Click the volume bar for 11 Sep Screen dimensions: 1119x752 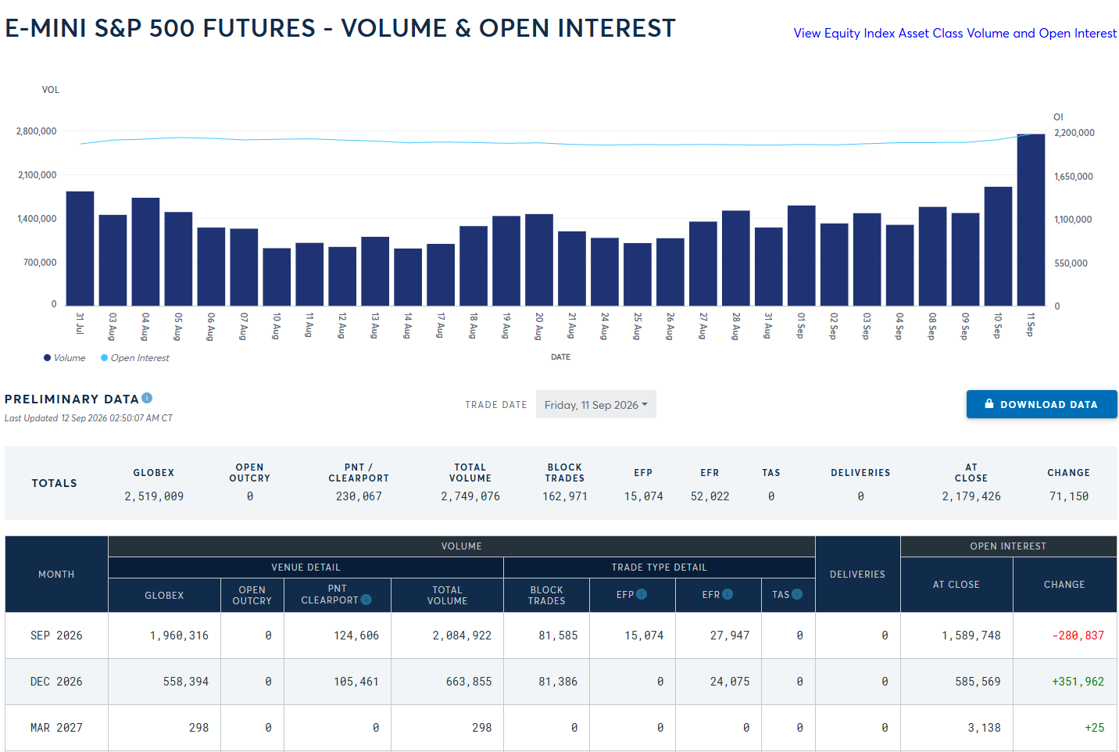pyautogui.click(x=1031, y=220)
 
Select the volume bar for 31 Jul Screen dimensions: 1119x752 pyautogui.click(x=80, y=249)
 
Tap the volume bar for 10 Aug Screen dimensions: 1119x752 pyautogui.click(x=277, y=277)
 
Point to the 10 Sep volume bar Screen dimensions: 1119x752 pyautogui.click(x=998, y=246)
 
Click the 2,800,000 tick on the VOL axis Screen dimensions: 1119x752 pyautogui.click(x=37, y=131)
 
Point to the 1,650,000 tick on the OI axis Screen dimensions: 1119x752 pyautogui.click(x=1074, y=177)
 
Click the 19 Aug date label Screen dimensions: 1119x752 pyautogui.click(x=506, y=326)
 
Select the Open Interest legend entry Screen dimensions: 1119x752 pyautogui.click(x=135, y=358)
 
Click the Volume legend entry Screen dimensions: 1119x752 pyautogui.click(x=64, y=358)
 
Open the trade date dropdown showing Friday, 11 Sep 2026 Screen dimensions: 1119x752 pyautogui.click(x=596, y=404)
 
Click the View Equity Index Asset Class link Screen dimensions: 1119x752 pyautogui.click(x=955, y=33)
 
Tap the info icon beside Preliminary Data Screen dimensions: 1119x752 pyautogui.click(x=147, y=398)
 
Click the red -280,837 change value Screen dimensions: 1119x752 pyautogui.click(x=1078, y=635)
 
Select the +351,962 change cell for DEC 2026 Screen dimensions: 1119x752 pyautogui.click(x=1078, y=682)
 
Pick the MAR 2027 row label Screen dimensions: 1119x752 pyautogui.click(x=56, y=728)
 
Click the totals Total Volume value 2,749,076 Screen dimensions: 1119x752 pyautogui.click(x=470, y=496)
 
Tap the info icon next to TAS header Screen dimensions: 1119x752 pyautogui.click(x=797, y=594)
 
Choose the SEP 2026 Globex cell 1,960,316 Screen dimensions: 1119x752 pyautogui.click(x=180, y=635)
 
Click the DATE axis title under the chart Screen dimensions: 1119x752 pyautogui.click(x=560, y=356)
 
